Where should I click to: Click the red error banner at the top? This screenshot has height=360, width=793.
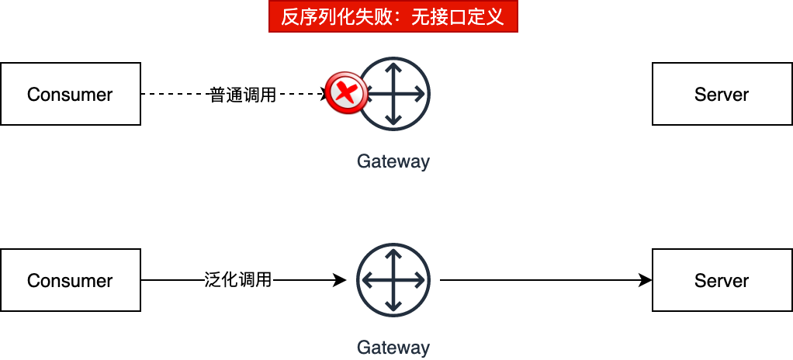[x=393, y=17]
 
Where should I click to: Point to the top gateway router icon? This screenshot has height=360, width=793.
[x=394, y=94]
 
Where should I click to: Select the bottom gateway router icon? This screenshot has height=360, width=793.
[x=393, y=280]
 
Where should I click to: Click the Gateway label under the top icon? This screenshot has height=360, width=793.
[x=393, y=161]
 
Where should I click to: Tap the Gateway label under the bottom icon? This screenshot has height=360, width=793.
[x=393, y=347]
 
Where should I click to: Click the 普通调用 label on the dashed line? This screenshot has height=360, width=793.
[x=243, y=95]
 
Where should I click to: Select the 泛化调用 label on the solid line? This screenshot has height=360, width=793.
[x=239, y=280]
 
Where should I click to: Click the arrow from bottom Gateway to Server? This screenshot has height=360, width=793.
[x=543, y=280]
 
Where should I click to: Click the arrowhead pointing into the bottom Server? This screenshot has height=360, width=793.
[x=645, y=280]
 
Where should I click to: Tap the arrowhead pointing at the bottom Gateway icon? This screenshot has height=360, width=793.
[x=339, y=280]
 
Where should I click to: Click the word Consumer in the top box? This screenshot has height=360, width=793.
[x=70, y=95]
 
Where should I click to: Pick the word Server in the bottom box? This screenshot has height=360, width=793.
[x=722, y=281]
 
